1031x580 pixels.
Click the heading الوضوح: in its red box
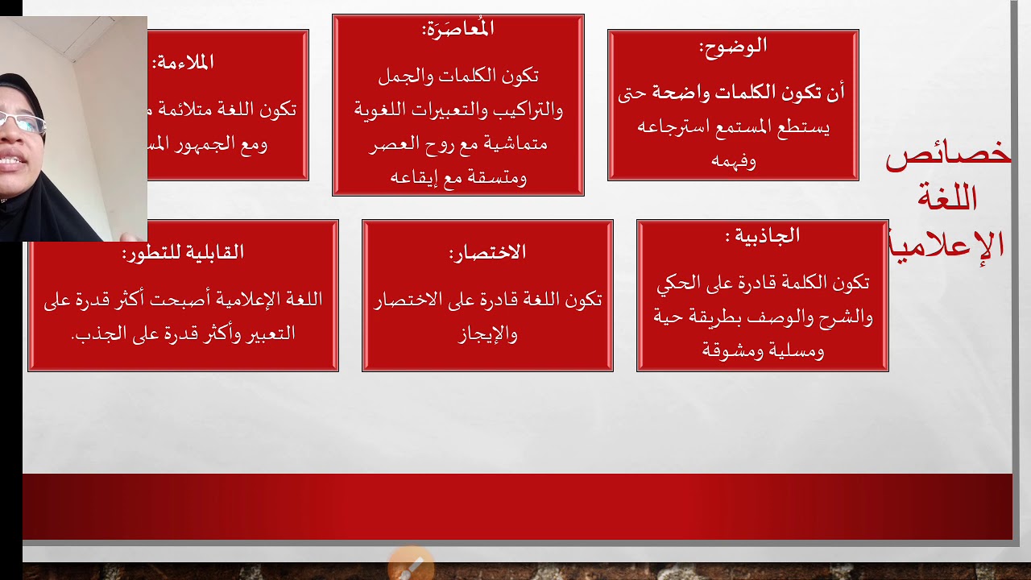[733, 47]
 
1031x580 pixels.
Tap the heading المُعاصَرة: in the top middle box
[458, 30]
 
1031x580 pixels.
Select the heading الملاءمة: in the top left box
[183, 62]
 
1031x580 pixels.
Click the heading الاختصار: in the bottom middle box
[487, 253]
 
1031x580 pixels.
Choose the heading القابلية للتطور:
[183, 253]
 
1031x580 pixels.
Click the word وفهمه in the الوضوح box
[734, 160]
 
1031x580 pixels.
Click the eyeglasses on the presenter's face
[22, 122]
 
